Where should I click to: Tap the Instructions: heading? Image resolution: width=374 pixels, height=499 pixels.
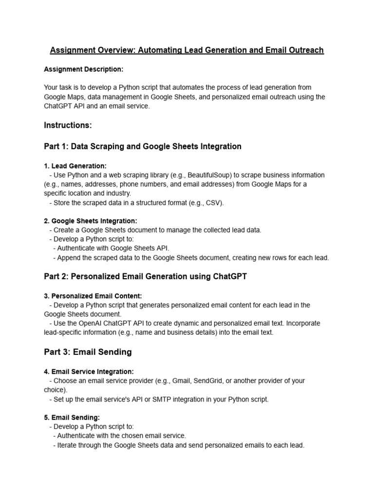tap(68, 125)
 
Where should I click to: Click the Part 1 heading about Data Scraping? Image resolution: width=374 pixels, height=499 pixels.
tap(142, 146)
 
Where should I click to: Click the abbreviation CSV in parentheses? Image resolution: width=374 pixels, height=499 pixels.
tap(213, 203)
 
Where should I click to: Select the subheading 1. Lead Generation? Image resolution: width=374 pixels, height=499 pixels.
tap(75, 166)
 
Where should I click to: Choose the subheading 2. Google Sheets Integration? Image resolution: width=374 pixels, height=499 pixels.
tap(91, 221)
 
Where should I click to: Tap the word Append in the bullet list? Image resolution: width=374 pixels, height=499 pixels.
tap(69, 258)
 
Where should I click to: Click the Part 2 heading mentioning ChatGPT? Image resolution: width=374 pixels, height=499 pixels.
tap(145, 276)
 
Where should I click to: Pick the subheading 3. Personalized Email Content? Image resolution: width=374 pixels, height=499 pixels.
tap(93, 296)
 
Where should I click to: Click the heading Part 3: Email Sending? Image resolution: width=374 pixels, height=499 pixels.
tap(88, 352)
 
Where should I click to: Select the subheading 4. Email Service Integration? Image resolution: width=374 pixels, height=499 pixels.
tap(89, 371)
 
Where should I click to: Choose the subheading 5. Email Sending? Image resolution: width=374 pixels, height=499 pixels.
tap(72, 418)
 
